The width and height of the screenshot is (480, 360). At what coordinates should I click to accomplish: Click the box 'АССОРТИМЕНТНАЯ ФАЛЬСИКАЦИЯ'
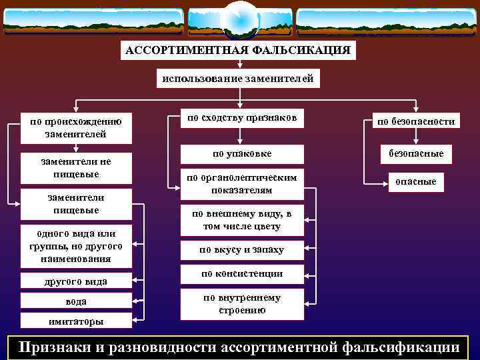[238, 51]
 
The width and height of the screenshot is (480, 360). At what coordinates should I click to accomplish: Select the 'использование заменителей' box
[238, 79]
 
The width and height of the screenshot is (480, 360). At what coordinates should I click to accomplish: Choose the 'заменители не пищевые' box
[76, 168]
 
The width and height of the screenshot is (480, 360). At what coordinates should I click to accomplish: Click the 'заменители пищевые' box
[76, 204]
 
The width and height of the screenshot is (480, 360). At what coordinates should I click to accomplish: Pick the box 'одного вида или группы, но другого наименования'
[76, 246]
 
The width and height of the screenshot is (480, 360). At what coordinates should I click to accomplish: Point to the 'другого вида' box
[76, 281]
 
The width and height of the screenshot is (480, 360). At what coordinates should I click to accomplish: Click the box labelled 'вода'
[76, 301]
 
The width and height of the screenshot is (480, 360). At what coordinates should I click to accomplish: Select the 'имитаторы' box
[76, 321]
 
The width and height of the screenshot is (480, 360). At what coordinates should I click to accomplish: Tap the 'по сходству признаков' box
[241, 118]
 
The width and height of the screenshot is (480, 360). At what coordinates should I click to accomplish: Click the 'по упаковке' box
[241, 154]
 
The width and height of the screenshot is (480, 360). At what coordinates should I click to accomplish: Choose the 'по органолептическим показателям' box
[241, 184]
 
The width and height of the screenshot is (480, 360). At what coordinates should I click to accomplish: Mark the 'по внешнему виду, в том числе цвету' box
[241, 220]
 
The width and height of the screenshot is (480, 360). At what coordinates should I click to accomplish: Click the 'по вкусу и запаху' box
[241, 250]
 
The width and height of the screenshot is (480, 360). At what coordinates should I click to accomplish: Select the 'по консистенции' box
[241, 274]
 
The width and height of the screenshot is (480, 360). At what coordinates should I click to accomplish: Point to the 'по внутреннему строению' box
[241, 304]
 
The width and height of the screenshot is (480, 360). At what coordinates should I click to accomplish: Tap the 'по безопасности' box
[416, 121]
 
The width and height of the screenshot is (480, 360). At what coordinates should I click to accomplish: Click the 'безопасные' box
[416, 154]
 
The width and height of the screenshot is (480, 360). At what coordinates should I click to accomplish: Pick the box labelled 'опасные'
[416, 181]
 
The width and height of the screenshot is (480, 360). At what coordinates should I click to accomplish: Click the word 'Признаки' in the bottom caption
[57, 347]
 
